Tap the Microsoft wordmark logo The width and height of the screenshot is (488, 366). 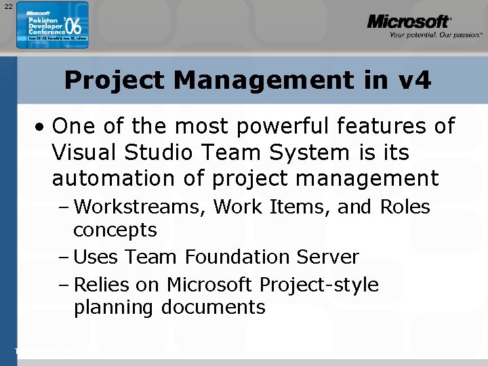[409, 22]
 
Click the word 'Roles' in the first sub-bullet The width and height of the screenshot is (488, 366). [405, 207]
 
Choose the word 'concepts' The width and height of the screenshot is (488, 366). [115, 230]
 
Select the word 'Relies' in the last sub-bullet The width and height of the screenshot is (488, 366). [99, 285]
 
